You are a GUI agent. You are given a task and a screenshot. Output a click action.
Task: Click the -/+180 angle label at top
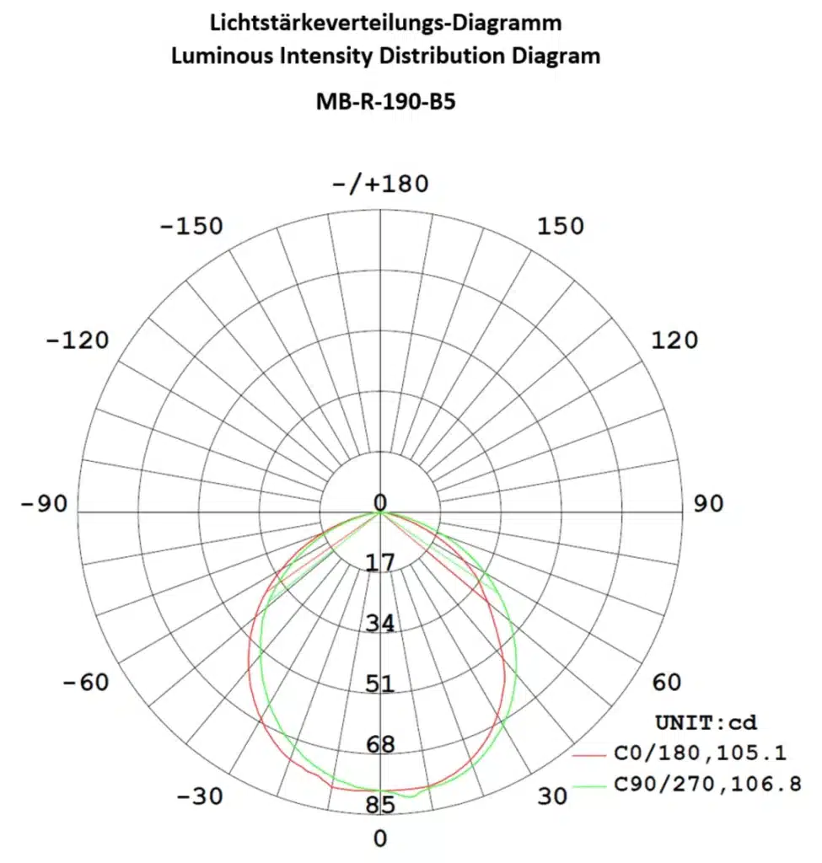coord(380,183)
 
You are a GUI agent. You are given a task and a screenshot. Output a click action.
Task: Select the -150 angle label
coord(193,227)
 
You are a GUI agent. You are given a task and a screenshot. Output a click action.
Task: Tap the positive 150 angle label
coord(561,227)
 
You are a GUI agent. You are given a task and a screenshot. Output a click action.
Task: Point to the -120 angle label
coord(78,340)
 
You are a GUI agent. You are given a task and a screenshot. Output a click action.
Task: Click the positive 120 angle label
coord(674,340)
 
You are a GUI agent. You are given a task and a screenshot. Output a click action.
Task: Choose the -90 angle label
coord(44,504)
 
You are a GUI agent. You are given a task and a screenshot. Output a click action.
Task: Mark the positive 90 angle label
coord(708,504)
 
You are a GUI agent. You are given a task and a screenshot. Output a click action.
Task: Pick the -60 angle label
coord(86,682)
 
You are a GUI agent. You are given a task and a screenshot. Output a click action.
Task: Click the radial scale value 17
coord(380,562)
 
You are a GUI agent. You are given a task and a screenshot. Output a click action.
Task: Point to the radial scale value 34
coord(380,624)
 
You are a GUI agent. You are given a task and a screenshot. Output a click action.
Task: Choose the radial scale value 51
coord(380,683)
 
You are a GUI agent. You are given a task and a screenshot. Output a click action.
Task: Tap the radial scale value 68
coord(380,745)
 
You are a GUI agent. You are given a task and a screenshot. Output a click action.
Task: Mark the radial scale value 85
coord(380,806)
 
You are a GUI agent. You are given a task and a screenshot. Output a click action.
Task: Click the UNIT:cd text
coord(706,722)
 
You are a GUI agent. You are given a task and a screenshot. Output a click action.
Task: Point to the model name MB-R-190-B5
coord(385,101)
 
